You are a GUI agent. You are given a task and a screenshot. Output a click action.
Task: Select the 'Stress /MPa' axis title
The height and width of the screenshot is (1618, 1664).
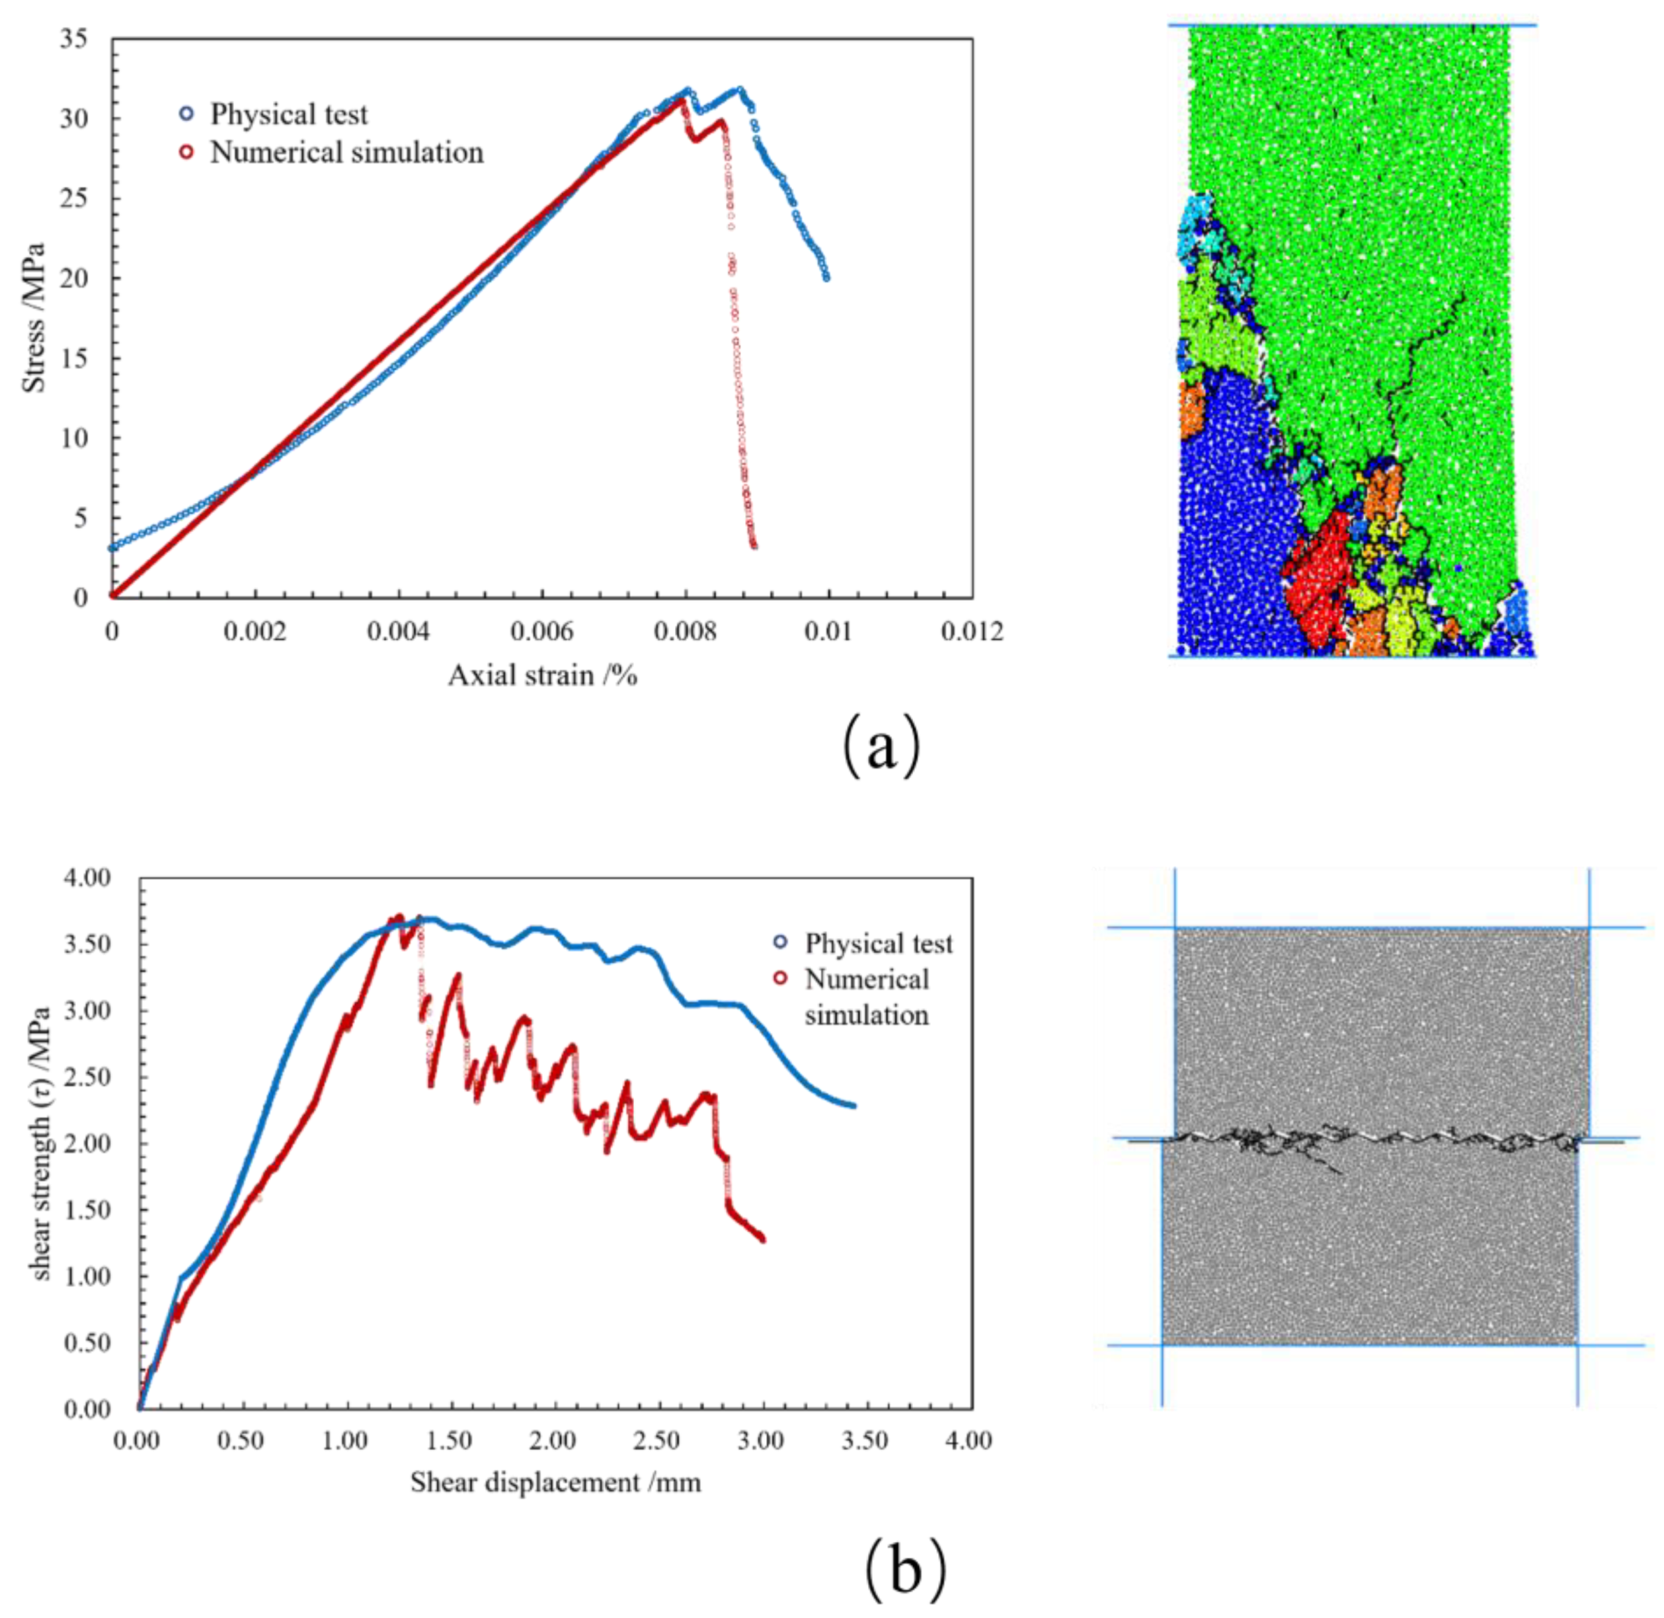pyautogui.click(x=34, y=317)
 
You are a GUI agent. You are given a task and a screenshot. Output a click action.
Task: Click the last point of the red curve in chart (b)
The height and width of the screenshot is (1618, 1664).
pyautogui.click(x=762, y=1239)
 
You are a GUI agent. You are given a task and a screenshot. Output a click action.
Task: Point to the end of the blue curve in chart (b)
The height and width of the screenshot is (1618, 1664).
pyautogui.click(x=852, y=1106)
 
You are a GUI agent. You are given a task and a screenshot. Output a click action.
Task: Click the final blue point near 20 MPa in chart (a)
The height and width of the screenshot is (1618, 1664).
pyautogui.click(x=826, y=277)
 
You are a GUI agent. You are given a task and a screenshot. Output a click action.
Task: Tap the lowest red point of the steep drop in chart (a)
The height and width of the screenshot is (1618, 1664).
pyautogui.click(x=753, y=545)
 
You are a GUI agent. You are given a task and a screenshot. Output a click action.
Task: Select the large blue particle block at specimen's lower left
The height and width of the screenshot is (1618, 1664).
pyautogui.click(x=1232, y=527)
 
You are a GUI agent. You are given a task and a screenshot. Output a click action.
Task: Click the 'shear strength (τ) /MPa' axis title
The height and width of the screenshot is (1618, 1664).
pyautogui.click(x=40, y=1143)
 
